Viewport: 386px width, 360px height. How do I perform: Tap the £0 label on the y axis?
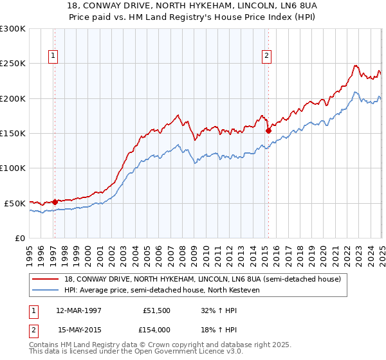(20, 238)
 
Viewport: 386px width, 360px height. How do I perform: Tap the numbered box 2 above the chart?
(266, 56)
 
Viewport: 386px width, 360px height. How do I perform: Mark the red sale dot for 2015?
(268, 130)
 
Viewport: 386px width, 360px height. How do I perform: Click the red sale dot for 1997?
(55, 202)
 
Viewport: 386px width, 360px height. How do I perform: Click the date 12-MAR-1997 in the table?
(79, 310)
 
